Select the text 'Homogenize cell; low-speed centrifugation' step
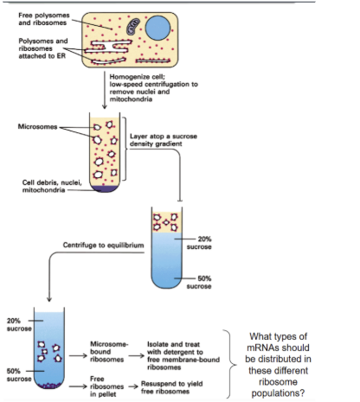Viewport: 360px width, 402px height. pos(156,86)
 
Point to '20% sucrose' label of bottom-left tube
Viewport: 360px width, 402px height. pos(20,325)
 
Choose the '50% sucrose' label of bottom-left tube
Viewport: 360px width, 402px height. pos(19,373)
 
